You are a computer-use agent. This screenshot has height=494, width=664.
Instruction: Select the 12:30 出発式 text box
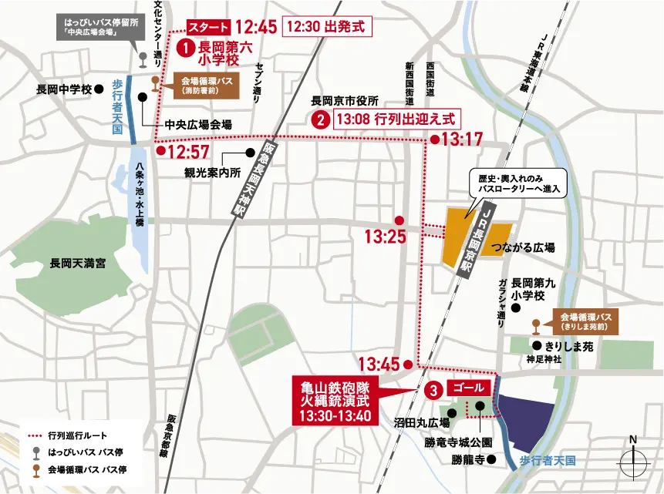click(x=329, y=26)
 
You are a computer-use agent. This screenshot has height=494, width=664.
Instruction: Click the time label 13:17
click(x=462, y=139)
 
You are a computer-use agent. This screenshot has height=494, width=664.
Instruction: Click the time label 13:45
click(x=379, y=363)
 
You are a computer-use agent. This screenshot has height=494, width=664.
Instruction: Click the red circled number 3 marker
click(x=433, y=390)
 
